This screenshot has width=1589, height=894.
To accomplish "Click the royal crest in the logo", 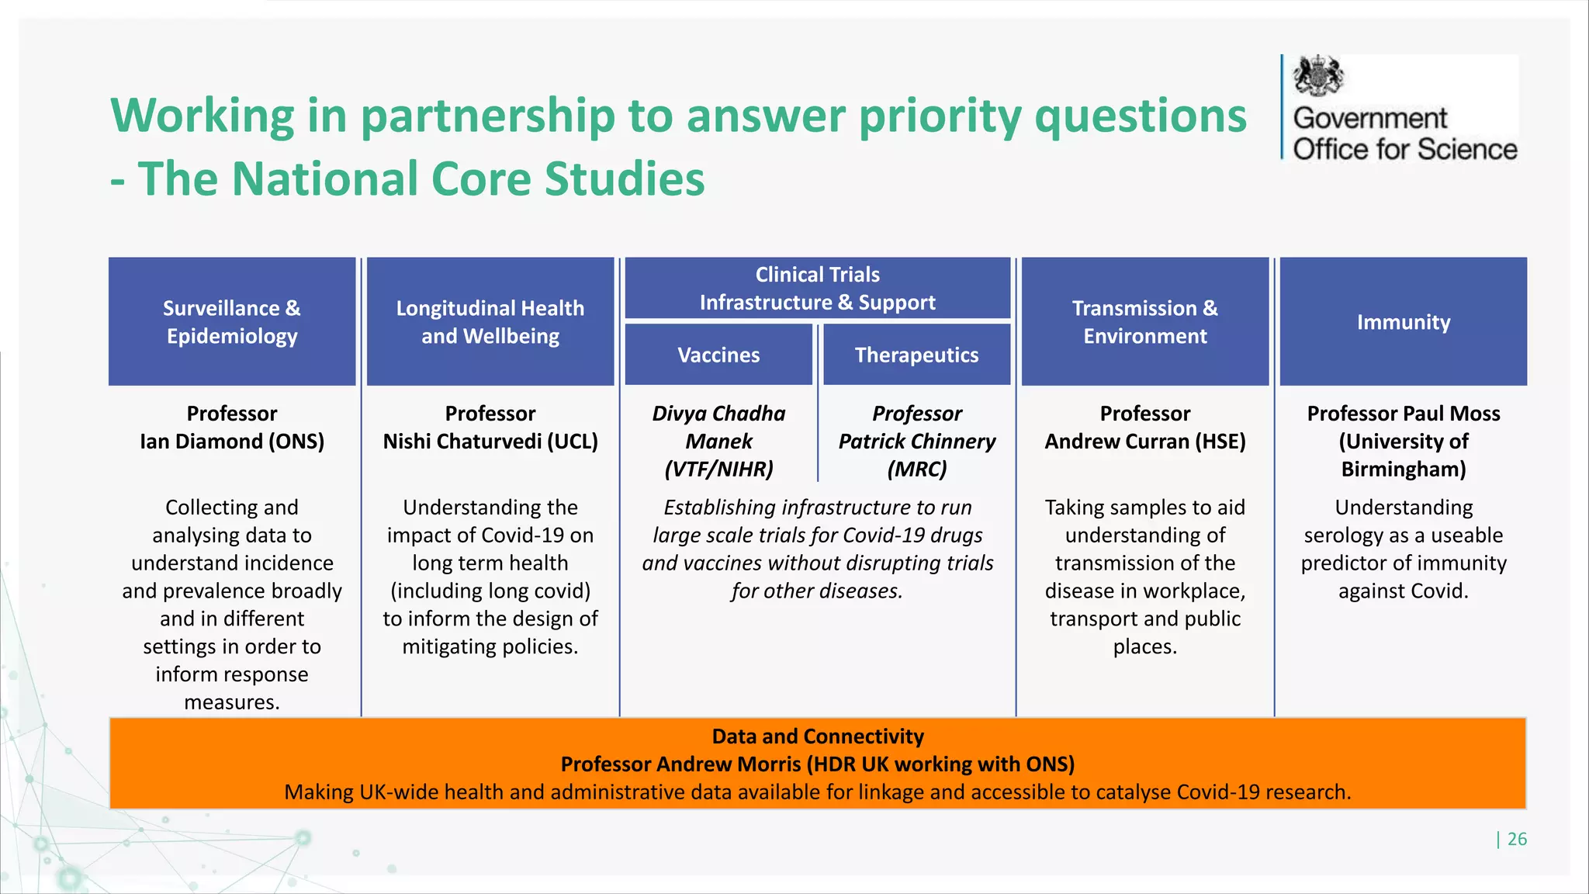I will click(x=1317, y=76).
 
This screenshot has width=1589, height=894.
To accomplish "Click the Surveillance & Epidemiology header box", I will click(x=232, y=321).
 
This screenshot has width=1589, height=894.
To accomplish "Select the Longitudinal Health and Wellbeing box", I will click(x=490, y=321).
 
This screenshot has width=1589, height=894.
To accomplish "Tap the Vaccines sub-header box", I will click(x=718, y=355).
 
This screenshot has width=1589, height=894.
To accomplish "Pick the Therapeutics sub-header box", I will click(x=916, y=355).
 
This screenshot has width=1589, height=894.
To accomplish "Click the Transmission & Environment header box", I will click(x=1144, y=321).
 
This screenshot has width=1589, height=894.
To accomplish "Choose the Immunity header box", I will click(x=1403, y=321).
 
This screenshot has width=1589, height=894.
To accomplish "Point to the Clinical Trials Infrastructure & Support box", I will click(x=817, y=288).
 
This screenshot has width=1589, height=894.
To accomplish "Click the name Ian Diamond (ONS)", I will click(x=232, y=442).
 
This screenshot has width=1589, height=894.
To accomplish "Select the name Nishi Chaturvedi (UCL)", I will click(x=490, y=442).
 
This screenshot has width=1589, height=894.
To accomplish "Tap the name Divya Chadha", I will click(x=718, y=414).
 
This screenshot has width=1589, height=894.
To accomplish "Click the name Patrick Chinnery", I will click(x=916, y=442).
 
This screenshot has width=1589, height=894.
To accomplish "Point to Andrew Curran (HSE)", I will click(x=1144, y=442).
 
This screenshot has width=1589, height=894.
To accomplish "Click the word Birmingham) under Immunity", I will click(x=1403, y=470).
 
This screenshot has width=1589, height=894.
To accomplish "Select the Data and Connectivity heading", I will click(x=817, y=736).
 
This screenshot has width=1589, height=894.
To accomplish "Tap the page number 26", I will click(x=1517, y=839).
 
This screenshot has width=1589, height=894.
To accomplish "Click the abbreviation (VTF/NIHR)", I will click(x=718, y=470).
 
